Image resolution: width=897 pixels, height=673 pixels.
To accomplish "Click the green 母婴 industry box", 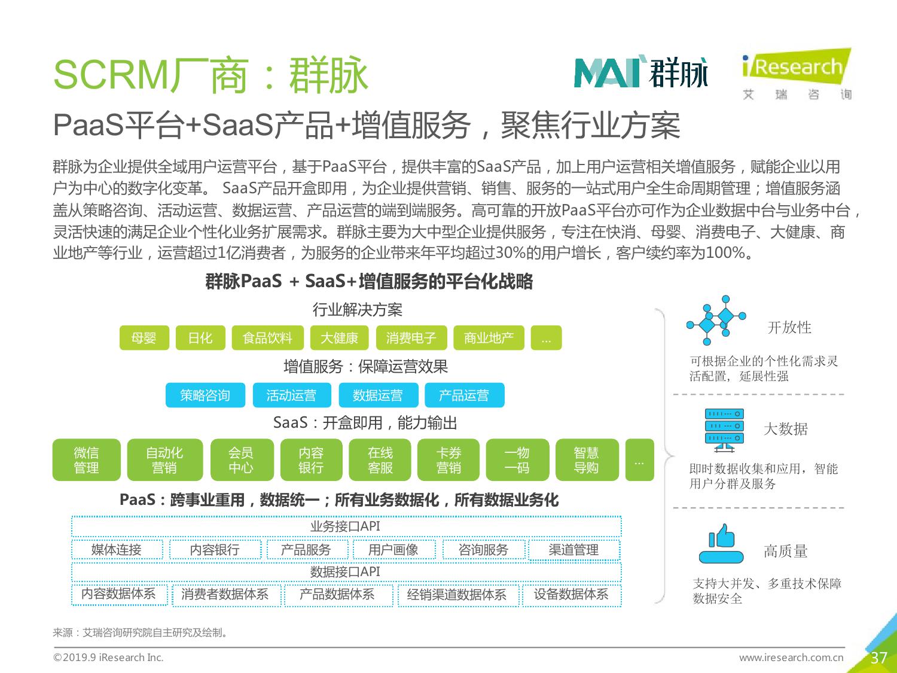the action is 144,338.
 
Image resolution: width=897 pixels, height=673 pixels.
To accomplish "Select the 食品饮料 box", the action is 268,338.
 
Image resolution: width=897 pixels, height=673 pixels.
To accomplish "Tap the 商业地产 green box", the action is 489,338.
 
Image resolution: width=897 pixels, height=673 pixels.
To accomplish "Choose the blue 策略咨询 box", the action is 205,395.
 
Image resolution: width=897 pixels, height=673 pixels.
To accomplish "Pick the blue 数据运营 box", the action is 379,395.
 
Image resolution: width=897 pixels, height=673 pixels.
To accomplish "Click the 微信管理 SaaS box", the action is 87,459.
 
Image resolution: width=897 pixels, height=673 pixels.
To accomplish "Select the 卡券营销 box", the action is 448,459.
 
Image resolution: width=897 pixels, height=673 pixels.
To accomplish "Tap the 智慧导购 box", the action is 587,459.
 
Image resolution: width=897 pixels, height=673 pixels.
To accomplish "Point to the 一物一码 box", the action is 517,459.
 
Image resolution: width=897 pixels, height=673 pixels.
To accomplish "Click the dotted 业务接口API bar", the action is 346,526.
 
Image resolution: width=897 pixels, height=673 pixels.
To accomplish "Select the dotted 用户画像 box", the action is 394,550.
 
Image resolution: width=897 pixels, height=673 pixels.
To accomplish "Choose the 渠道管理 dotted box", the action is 574,550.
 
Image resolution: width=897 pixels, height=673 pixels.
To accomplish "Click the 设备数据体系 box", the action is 572,595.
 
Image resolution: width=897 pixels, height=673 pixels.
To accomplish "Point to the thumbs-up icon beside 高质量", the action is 721,544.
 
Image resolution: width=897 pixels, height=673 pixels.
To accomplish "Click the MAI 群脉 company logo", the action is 640,73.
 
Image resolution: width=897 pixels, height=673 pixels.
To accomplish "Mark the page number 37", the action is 878,657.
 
